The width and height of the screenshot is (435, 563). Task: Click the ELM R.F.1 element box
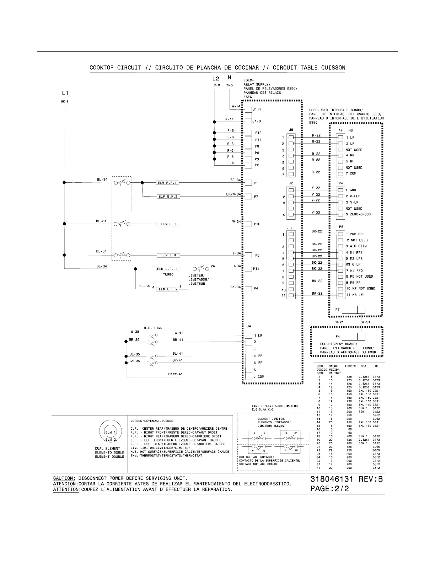pos(168,183)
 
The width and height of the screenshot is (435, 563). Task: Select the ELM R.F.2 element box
pos(168,197)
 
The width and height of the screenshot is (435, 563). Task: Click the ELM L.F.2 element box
pos(168,289)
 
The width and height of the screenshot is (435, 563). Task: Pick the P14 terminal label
pos(256,269)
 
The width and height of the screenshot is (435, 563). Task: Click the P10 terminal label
pos(257,224)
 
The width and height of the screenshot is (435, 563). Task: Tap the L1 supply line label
pos(65,93)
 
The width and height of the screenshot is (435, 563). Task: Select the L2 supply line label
pos(215,79)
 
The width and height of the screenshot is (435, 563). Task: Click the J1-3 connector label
pos(257,121)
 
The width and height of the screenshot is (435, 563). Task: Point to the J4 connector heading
pos(248,326)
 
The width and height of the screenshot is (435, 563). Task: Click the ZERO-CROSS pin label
pos(360,214)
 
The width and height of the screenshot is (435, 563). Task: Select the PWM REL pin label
pos(357,234)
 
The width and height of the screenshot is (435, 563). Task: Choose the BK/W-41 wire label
pos(175,374)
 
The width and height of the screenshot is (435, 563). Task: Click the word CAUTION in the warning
pos(64,478)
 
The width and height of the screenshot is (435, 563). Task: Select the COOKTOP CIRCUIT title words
pos(116,68)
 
